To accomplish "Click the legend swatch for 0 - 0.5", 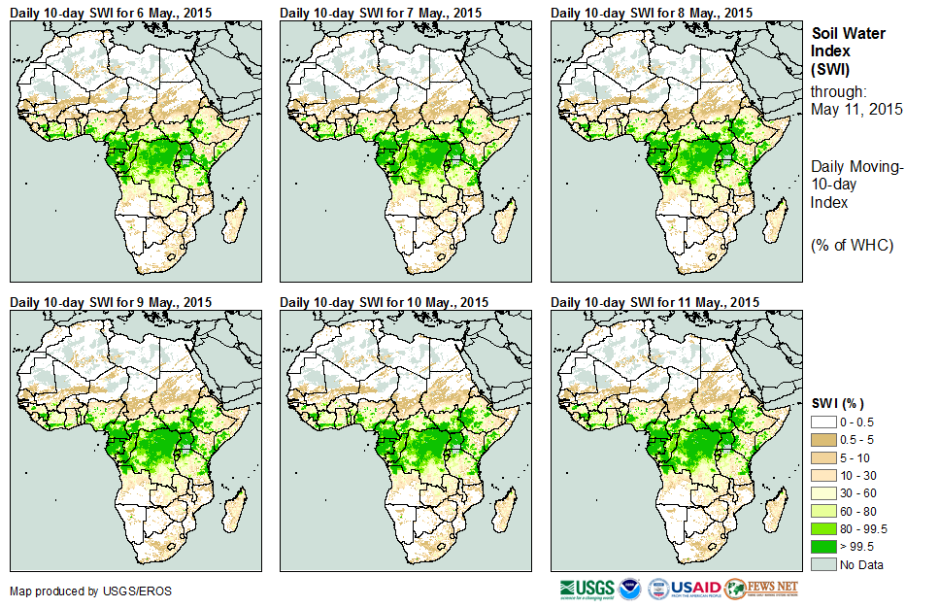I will (822, 422).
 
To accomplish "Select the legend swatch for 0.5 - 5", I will (822, 439).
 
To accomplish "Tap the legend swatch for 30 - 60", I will (822, 492).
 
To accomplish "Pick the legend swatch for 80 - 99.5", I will (822, 528).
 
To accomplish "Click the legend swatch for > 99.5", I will (822, 546).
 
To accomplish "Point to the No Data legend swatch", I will (822, 564).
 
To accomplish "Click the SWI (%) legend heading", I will (837, 403).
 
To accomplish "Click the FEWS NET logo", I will (761, 589).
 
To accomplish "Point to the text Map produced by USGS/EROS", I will (78, 591).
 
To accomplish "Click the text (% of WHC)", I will (852, 245).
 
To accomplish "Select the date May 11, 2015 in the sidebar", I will (856, 109).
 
